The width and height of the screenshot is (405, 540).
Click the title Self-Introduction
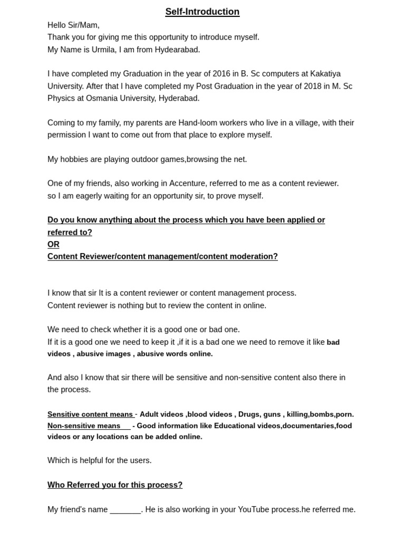coord(202,12)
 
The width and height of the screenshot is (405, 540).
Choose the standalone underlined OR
coord(53,245)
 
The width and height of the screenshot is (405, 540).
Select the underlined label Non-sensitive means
coord(84,426)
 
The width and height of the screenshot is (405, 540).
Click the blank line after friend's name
coord(125,510)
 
